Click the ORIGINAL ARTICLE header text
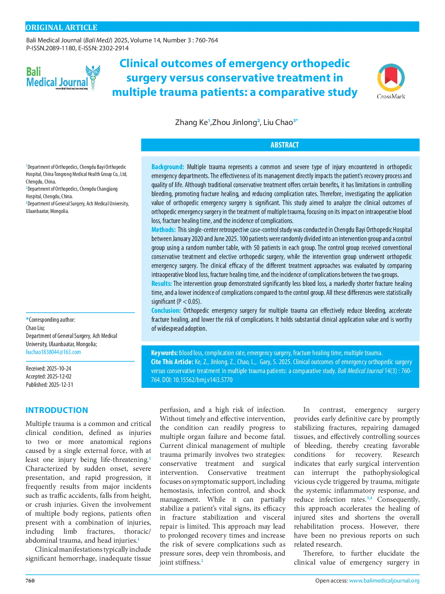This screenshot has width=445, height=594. tap(61, 28)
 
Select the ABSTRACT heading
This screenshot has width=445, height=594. tap(284, 145)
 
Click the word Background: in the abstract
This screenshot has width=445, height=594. tap(168, 167)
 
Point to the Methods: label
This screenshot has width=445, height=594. tap(163, 230)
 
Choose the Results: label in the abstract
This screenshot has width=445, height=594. tap(161, 284)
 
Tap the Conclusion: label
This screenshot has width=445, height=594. tap(166, 311)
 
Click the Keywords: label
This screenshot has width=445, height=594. tap(164, 353)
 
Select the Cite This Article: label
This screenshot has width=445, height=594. tap(172, 362)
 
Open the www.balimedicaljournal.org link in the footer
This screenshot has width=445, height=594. tap(384, 581)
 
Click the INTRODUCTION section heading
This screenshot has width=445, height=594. tap(57, 410)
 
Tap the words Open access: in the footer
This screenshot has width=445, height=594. tap(331, 581)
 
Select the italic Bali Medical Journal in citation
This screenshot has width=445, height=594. tap(360, 371)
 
